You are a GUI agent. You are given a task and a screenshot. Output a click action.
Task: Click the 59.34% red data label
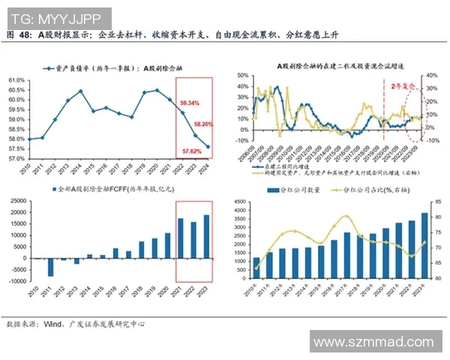pos(190,102)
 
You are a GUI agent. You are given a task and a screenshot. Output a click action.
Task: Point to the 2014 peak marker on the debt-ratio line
pos(80,91)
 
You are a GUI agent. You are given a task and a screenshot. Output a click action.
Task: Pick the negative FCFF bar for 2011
pos(51,267)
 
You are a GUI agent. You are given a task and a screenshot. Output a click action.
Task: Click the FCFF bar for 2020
pos(167,245)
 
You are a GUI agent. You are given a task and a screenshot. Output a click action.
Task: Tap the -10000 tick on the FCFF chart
pos(13,281)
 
